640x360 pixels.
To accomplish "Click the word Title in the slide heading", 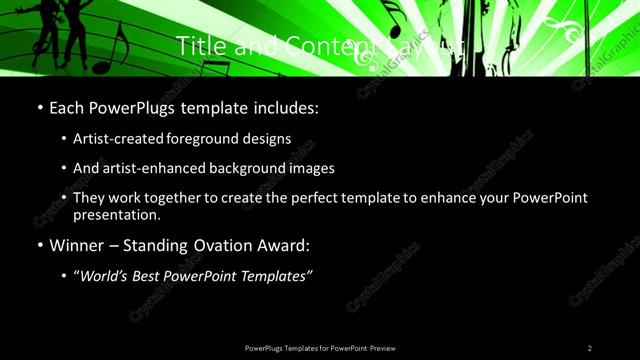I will (x=198, y=45).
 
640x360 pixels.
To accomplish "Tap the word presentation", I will (x=117, y=214).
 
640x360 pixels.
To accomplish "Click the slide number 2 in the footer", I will (x=589, y=348).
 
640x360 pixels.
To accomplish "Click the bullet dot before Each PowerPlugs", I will (x=39, y=106).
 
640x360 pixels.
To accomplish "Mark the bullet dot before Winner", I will (x=39, y=245).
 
